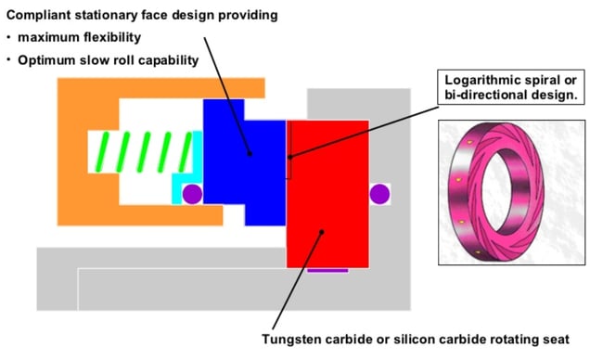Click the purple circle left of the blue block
point(192,194)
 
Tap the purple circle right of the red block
point(379,194)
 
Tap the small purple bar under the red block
point(327,270)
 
